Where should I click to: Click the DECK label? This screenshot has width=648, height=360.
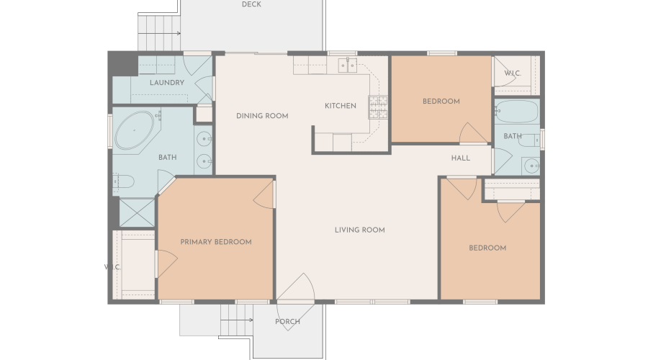pyautogui.click(x=251, y=4)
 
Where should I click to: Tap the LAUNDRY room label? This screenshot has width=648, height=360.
pyautogui.click(x=167, y=83)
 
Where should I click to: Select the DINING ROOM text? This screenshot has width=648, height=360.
pyautogui.click(x=262, y=116)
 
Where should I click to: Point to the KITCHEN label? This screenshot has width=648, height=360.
pyautogui.click(x=341, y=106)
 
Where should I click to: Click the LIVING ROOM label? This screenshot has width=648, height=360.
pyautogui.click(x=360, y=230)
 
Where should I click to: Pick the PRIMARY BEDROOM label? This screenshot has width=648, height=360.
pyautogui.click(x=216, y=242)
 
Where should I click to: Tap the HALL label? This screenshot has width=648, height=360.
pyautogui.click(x=461, y=158)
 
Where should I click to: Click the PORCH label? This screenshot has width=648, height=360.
pyautogui.click(x=287, y=321)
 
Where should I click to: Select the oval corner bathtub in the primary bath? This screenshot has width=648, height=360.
pyautogui.click(x=135, y=130)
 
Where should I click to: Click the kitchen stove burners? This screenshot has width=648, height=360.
pyautogui.click(x=378, y=107)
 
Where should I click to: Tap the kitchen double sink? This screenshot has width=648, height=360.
pyautogui.click(x=348, y=65)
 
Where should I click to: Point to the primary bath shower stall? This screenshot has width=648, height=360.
pyautogui.click(x=137, y=212)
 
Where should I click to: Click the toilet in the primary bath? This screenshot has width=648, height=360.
pyautogui.click(x=124, y=181)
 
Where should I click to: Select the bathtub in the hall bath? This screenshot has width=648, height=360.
pyautogui.click(x=517, y=112)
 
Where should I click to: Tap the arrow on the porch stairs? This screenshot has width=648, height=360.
pyautogui.click(x=237, y=320)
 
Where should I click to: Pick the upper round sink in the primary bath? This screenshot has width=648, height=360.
pyautogui.click(x=204, y=139)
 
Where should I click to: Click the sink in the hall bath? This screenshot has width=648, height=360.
pyautogui.click(x=531, y=166)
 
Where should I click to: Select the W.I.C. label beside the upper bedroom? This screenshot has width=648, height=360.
pyautogui.click(x=513, y=73)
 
